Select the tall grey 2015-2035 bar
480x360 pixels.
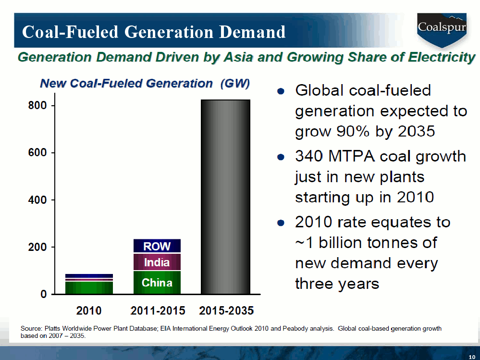pos(225,197)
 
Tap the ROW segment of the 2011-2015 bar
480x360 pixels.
pos(157,246)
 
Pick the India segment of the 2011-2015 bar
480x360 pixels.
pos(157,262)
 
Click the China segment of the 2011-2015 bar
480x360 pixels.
pos(157,283)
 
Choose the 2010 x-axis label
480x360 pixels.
pos(89,310)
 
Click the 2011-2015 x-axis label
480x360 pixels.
pos(158,310)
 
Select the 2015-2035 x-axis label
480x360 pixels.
pos(226,310)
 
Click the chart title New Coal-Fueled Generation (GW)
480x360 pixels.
pos(145,84)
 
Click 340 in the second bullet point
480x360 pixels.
pos(309,157)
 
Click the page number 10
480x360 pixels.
pos(472,355)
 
